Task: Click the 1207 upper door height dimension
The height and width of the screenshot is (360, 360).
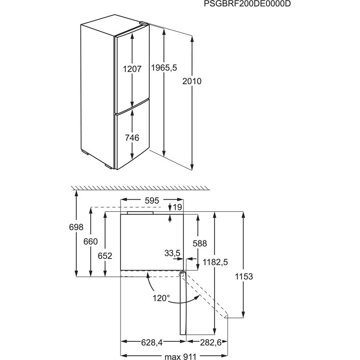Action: click(x=132, y=69)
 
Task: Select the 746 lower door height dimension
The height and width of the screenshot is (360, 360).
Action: click(x=132, y=138)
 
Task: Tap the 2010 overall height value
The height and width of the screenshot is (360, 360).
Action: click(x=192, y=82)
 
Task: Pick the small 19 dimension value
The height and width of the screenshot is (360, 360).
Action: click(x=178, y=207)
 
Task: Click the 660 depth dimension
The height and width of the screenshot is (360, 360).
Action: click(x=91, y=242)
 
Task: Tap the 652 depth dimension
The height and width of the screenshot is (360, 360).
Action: click(x=105, y=256)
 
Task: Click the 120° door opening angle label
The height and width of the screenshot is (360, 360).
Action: click(x=162, y=298)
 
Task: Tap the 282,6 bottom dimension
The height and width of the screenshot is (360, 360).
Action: click(x=201, y=342)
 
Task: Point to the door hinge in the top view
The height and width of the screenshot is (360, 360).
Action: click(x=182, y=274)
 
